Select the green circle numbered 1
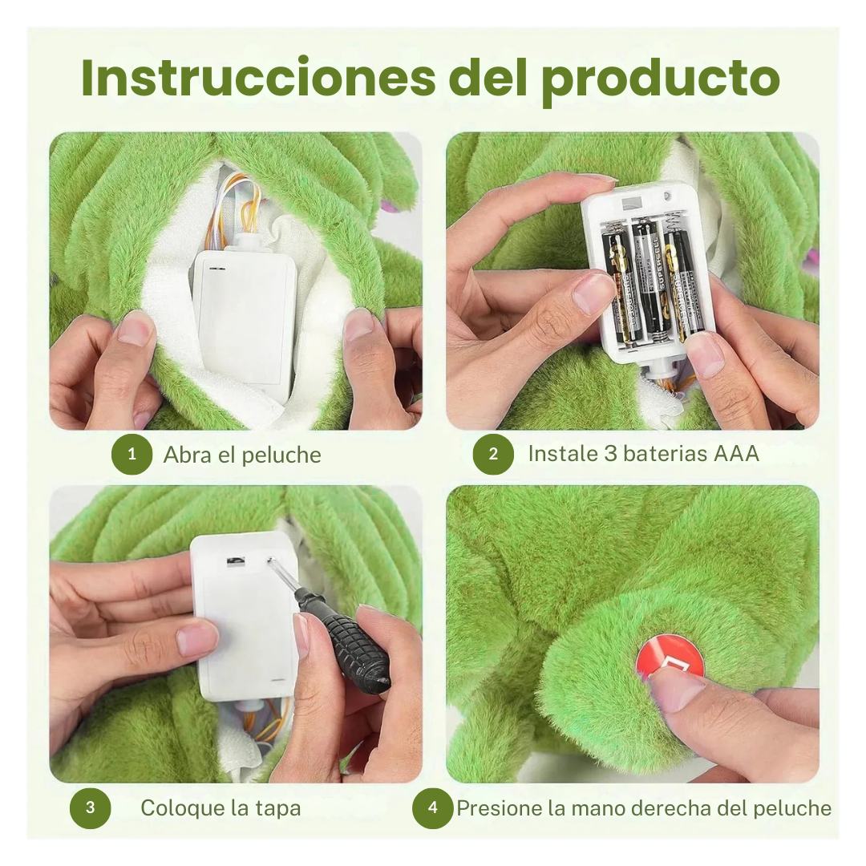coord(132,455)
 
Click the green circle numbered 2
coord(493,454)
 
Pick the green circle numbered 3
coord(90,807)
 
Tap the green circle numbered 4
coord(433,807)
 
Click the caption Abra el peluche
coord(242,455)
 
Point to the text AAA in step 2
coord(735,453)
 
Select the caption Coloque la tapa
coord(221,807)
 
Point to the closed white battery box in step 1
coord(245,321)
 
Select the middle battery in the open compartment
coord(648,277)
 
